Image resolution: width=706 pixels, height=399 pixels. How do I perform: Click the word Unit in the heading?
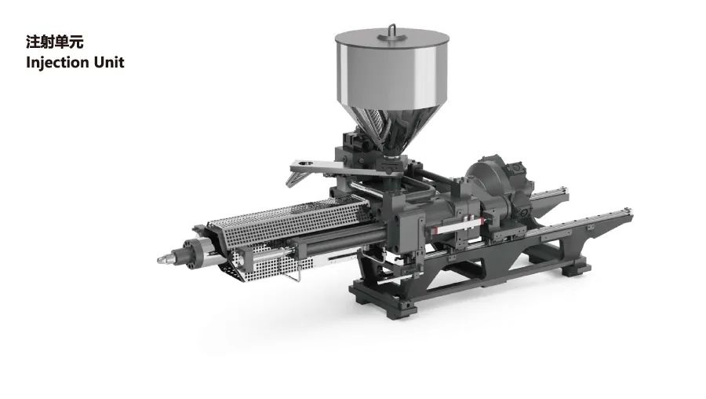click(x=109, y=62)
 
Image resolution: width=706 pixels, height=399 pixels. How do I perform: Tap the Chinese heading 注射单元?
click(x=54, y=42)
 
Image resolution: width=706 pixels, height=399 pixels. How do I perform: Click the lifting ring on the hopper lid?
click(x=392, y=29)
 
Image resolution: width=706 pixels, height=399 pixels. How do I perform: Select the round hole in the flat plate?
click(x=306, y=163)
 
